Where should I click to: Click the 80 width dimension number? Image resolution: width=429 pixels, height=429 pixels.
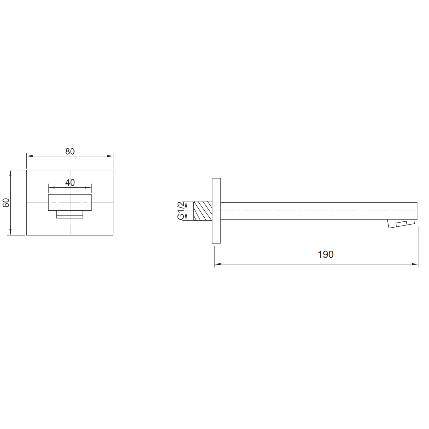pyautogui.click(x=70, y=151)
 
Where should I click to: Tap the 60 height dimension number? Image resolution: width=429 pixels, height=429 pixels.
pyautogui.click(x=6, y=203)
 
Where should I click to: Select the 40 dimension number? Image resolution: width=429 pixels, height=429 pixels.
pyautogui.click(x=70, y=182)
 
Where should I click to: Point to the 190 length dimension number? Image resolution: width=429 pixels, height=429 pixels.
pyautogui.click(x=325, y=254)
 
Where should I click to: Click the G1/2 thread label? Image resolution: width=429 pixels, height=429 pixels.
pyautogui.click(x=181, y=210)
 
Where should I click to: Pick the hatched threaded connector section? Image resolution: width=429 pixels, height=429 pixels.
pyautogui.click(x=203, y=211)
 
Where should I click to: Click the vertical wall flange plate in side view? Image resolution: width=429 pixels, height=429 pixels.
pyautogui.click(x=216, y=211)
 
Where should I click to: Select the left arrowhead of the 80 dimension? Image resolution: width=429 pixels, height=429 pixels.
pyautogui.click(x=30, y=156)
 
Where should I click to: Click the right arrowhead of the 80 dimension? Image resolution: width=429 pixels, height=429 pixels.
pyautogui.click(x=110, y=156)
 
